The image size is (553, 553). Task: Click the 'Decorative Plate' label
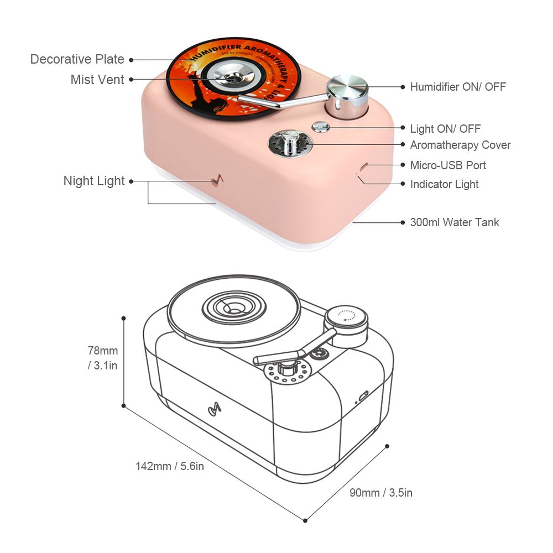(x=77, y=59)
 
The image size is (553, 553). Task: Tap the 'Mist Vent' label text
(x=97, y=79)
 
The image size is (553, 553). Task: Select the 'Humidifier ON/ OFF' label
(x=458, y=87)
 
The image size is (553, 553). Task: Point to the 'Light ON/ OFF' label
(x=445, y=129)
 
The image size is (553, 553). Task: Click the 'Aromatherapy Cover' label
(x=460, y=145)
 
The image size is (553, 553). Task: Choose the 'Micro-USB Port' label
(x=448, y=165)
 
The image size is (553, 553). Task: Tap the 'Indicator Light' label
(x=444, y=184)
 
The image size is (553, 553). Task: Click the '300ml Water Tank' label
(x=455, y=222)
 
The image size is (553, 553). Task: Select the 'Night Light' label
(x=94, y=181)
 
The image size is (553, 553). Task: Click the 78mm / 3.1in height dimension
(x=102, y=357)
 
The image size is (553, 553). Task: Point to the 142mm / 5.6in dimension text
(x=170, y=466)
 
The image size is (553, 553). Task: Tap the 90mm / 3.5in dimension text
(x=381, y=493)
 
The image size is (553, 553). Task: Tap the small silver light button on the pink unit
(x=321, y=127)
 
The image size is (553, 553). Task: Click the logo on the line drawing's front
(x=214, y=410)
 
